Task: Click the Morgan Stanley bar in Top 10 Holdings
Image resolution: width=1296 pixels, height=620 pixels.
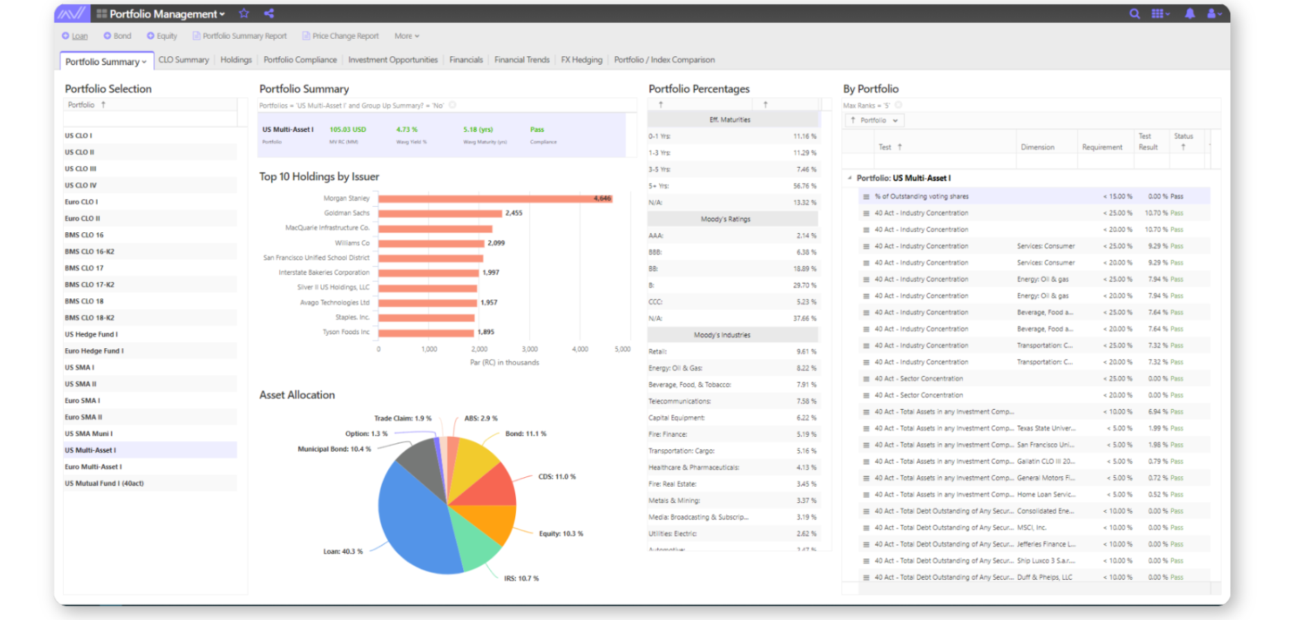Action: point(494,198)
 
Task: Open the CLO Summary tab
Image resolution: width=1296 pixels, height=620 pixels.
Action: point(184,60)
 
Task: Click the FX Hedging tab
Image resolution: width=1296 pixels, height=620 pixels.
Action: point(581,60)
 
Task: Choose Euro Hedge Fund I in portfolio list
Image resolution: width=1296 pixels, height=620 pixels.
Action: point(94,351)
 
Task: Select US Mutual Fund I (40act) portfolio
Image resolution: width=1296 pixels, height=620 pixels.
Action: point(104,483)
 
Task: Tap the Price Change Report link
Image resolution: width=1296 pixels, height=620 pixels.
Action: point(345,36)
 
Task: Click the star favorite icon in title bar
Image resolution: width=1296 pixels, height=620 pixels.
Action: point(244,13)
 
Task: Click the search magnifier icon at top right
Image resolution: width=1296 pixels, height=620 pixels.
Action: point(1134,13)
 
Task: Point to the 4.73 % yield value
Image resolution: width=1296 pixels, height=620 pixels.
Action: point(407,130)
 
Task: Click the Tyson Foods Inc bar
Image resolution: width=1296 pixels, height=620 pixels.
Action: point(426,332)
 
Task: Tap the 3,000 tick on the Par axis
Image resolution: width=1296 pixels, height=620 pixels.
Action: point(530,349)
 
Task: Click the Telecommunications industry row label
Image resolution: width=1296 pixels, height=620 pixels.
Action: point(680,402)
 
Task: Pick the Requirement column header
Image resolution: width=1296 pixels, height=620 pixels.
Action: point(1102,147)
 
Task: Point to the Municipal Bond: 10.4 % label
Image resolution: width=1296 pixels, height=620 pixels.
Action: point(334,449)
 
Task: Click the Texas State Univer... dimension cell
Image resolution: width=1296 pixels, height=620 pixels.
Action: point(1046,429)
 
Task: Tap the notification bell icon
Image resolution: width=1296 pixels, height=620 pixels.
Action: point(1190,13)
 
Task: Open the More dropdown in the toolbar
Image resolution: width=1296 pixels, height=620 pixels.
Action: point(406,36)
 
